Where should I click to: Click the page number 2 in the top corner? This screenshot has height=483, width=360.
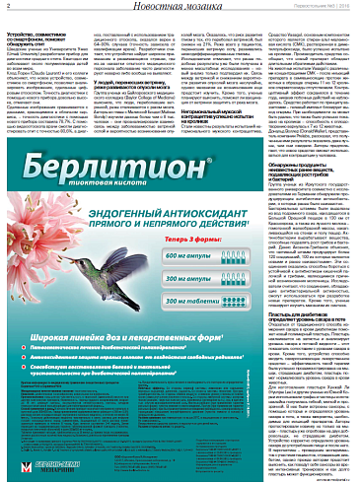pyautogui.click(x=6, y=8)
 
